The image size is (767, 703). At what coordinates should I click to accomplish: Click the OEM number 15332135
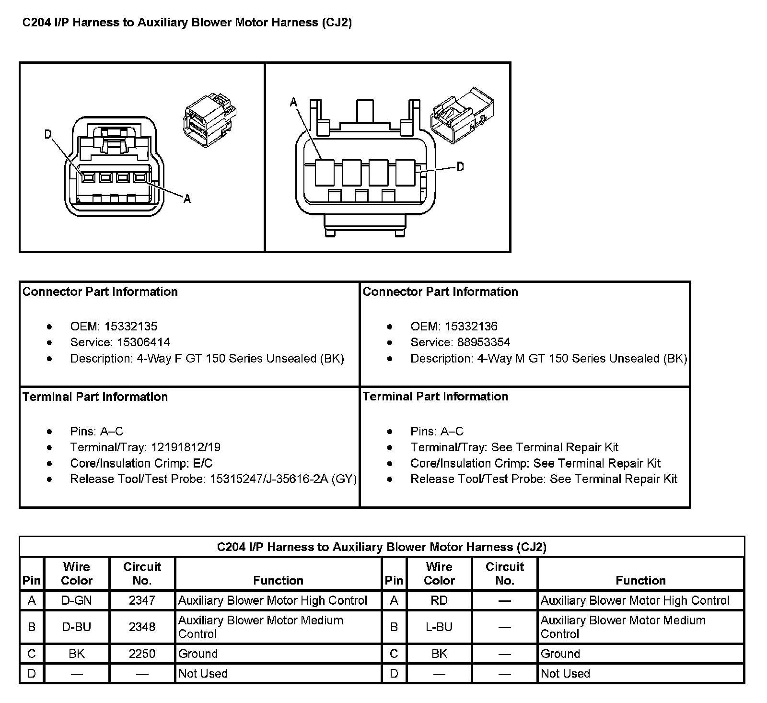pos(130,327)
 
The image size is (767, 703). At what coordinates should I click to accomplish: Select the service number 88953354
pos(484,342)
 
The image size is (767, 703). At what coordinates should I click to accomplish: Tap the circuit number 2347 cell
pos(142,600)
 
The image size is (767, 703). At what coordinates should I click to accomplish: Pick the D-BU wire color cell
pos(77,627)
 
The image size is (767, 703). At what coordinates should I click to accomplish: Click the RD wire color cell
pos(439,600)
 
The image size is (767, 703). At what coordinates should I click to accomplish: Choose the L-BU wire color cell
pos(439,627)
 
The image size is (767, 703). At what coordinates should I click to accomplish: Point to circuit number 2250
pos(142,654)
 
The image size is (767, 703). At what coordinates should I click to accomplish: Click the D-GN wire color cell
pos(77,600)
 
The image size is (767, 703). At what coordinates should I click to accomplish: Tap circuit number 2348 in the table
pos(142,627)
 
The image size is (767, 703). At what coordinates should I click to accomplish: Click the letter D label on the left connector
pos(48,134)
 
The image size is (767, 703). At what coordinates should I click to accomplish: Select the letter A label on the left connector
pos(187,199)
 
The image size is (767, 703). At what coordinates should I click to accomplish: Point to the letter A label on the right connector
pos(293,102)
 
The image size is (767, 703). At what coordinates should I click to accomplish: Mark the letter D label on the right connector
pos(460,167)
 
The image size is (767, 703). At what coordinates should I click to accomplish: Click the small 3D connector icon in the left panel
pos(209,118)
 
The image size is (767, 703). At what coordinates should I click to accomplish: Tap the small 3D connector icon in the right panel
pos(463,114)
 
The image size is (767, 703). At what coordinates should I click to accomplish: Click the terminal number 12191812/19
pos(186,447)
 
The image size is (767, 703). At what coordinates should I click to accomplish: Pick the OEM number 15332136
pos(471,327)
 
